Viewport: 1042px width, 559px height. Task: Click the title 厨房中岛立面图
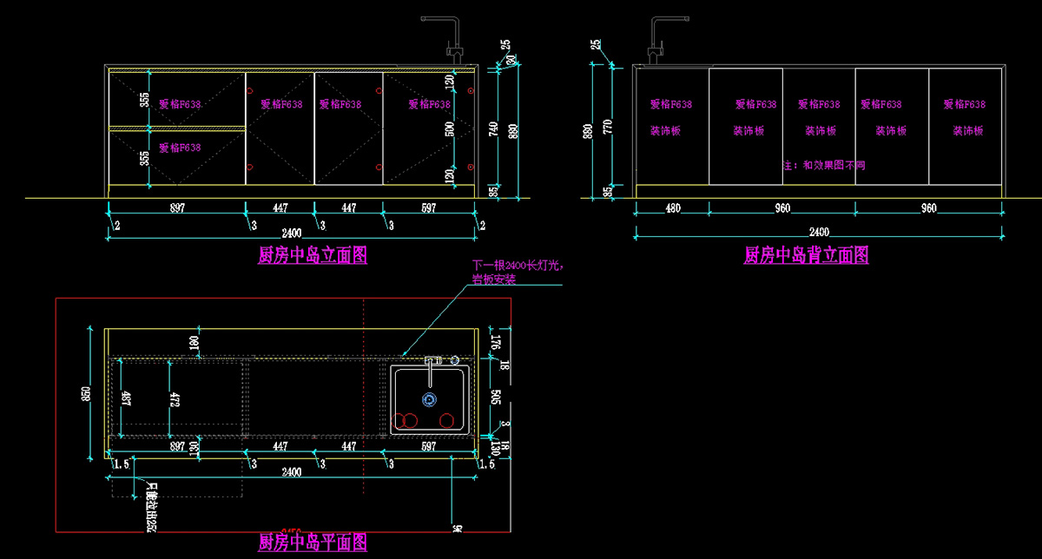point(313,255)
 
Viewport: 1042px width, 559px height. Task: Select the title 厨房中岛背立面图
point(806,255)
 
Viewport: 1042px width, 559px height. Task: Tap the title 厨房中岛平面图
point(313,543)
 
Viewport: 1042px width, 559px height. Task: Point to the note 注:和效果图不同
point(823,165)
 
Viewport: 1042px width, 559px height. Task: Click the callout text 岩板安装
point(493,279)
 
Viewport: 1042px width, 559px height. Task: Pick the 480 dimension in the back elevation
point(672,208)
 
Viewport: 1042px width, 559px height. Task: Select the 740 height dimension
point(493,129)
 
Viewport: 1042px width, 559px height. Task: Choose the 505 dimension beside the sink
point(496,398)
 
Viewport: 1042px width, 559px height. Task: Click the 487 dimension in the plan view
point(126,399)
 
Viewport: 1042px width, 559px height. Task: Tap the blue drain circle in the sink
point(429,399)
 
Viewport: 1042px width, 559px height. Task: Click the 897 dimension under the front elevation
point(177,208)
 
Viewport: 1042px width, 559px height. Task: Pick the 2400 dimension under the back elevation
point(819,232)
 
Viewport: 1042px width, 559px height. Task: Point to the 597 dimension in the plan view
point(428,446)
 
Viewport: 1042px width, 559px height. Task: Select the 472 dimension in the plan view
point(175,399)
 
